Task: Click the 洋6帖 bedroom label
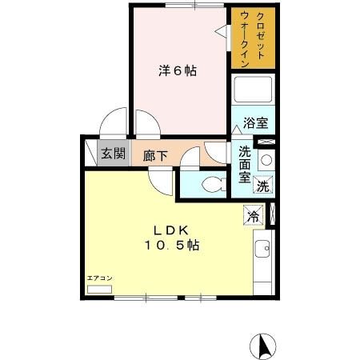(177, 70)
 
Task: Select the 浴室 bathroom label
(255, 125)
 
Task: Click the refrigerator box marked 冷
(254, 214)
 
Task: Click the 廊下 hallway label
(155, 156)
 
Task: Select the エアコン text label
(100, 278)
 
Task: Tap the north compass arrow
(262, 345)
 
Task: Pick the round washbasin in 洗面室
(266, 159)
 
